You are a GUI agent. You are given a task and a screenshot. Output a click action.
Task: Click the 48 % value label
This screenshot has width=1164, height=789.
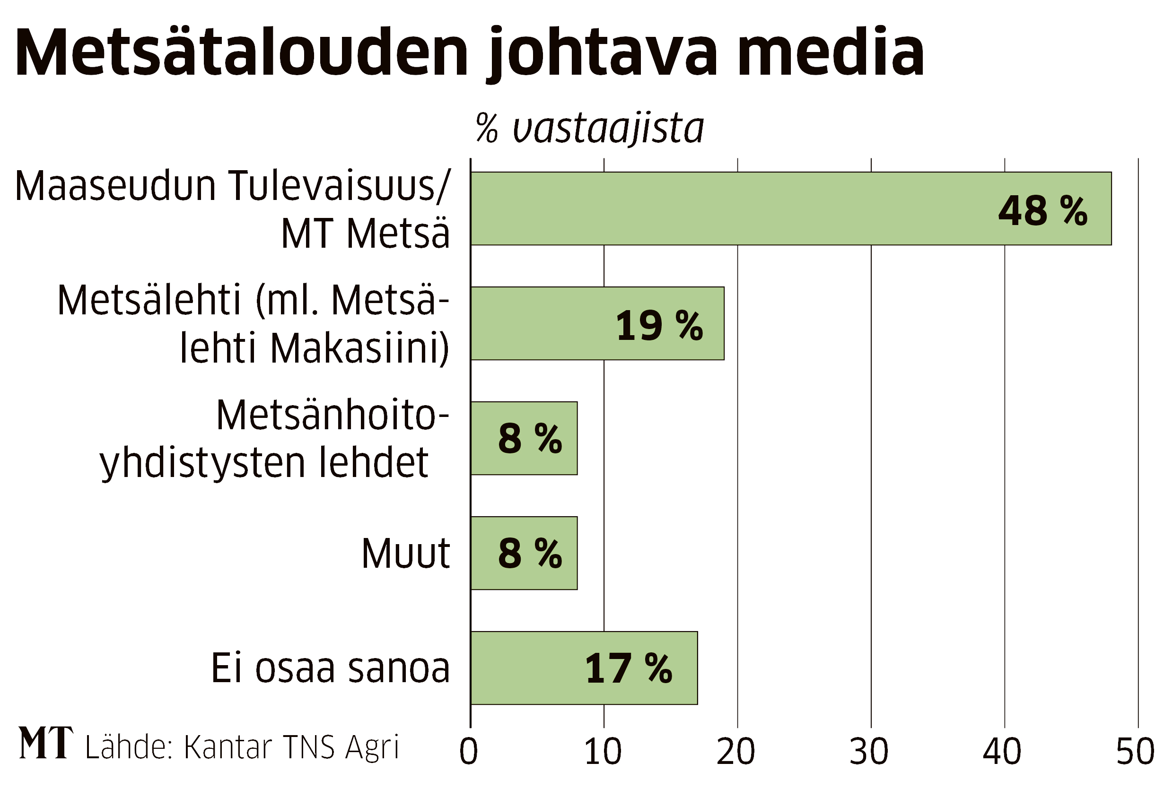tap(1043, 211)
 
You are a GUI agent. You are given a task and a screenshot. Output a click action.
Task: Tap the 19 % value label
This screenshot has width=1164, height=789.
tap(659, 326)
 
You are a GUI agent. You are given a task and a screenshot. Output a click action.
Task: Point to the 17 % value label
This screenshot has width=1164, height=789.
tap(628, 669)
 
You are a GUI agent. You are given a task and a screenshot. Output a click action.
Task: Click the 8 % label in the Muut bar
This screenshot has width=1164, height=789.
tap(530, 554)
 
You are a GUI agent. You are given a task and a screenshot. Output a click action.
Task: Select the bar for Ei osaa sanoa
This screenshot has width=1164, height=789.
tap(584, 668)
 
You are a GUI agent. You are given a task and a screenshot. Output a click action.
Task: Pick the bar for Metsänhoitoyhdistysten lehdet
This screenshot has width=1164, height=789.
tap(524, 438)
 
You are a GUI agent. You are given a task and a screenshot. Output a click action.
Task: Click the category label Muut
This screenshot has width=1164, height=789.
tap(406, 554)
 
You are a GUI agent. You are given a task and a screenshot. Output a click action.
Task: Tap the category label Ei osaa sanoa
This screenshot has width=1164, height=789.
tap(331, 668)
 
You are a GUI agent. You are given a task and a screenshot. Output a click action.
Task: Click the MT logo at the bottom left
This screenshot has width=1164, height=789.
tap(46, 743)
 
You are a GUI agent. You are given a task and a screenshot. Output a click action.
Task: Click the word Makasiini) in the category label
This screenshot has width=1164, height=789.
tap(359, 348)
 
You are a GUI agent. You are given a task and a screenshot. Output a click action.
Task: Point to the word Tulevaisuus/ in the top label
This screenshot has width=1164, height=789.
tap(338, 186)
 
